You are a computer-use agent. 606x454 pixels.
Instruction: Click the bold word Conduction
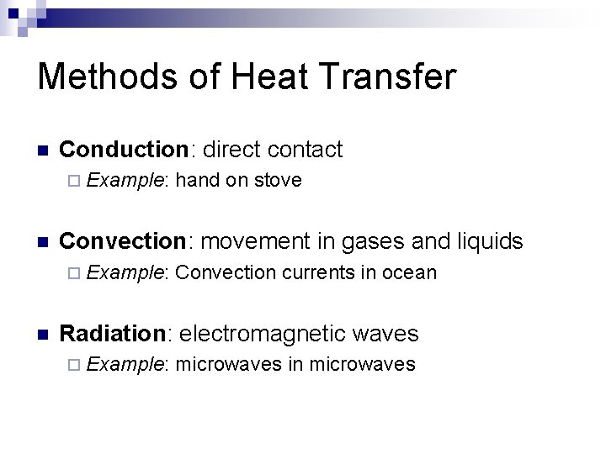[127, 150]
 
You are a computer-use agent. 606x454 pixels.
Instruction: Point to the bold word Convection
[127, 242]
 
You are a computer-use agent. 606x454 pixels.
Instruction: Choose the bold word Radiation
[116, 334]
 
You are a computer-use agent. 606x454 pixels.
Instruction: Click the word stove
[278, 180]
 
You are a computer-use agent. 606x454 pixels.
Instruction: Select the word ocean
[409, 272]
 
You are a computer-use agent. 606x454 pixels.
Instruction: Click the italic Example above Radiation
[125, 272]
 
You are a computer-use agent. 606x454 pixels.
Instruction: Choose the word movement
[256, 242]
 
